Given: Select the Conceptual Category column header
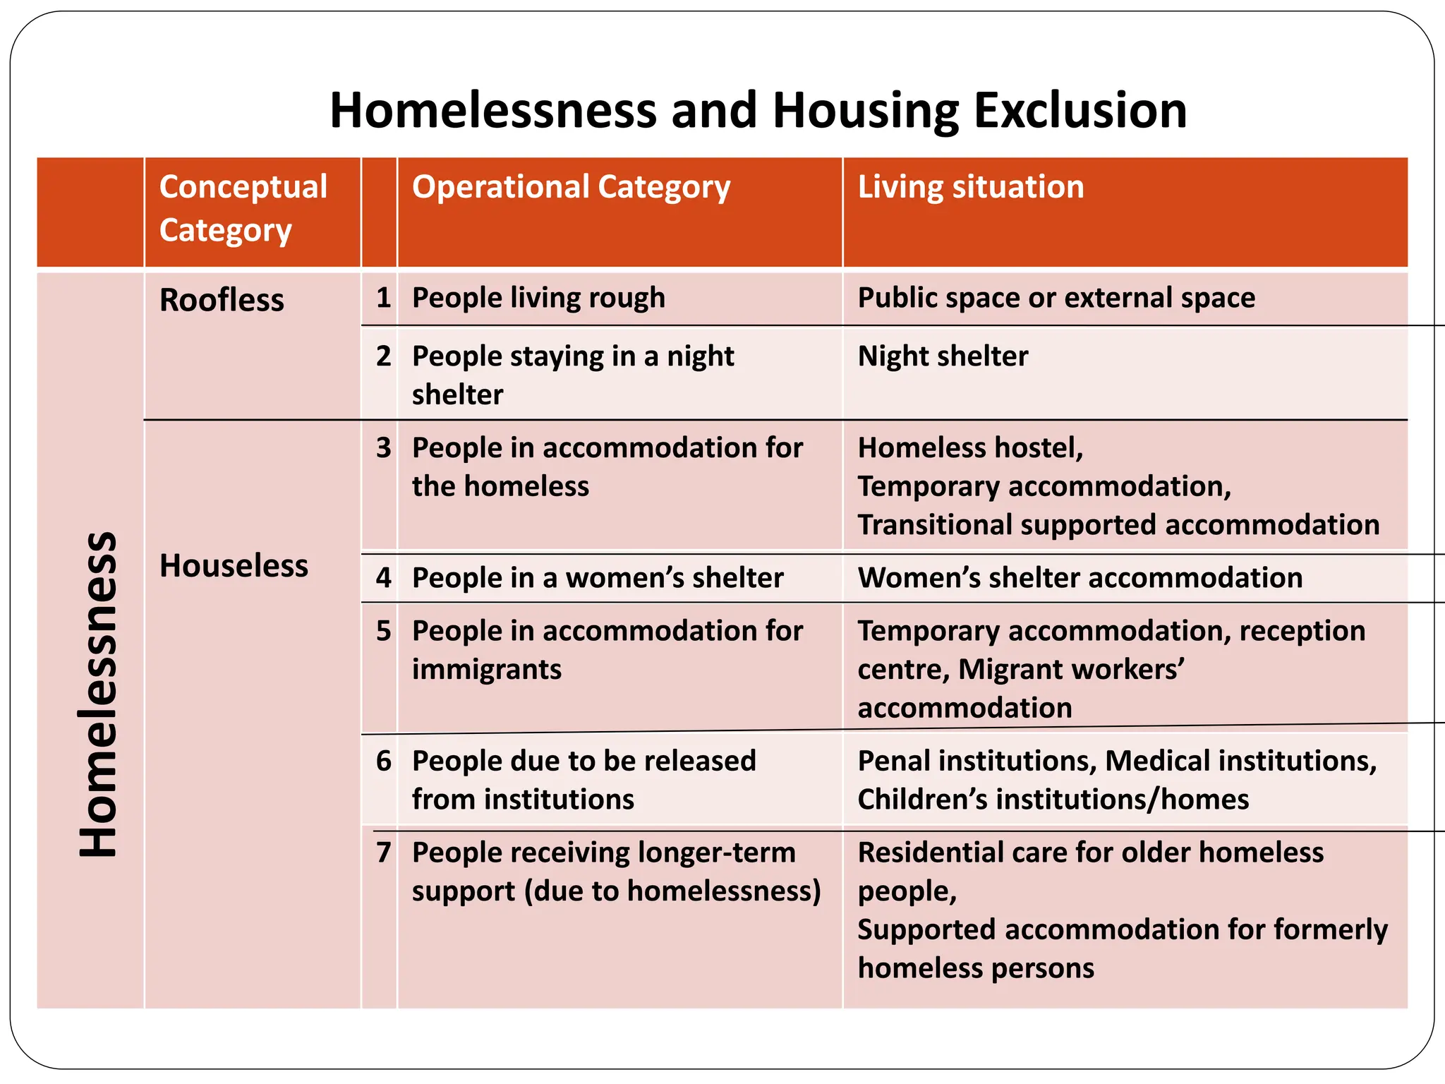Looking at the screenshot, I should pos(243,208).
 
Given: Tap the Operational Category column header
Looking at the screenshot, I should pos(571,187).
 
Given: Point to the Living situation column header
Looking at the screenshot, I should pos(971,187).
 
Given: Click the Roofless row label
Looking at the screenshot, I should pos(222,300).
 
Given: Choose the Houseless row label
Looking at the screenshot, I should pos(234,566).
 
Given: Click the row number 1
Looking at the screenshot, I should pos(383,298).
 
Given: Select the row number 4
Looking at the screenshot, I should pos(383,578).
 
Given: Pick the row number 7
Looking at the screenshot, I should pos(383,853).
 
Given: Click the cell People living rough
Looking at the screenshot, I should pos(538,298).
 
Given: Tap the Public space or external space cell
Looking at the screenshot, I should pos(1056,298).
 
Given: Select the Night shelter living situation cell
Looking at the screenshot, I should pos(943,356).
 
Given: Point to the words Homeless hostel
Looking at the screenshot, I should pos(970,448).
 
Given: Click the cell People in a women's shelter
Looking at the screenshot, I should pos(598,578).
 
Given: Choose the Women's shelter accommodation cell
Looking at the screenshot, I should pos(1080,578).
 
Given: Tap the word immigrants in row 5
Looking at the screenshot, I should pos(487,670).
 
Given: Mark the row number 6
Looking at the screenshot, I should pos(383,761).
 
